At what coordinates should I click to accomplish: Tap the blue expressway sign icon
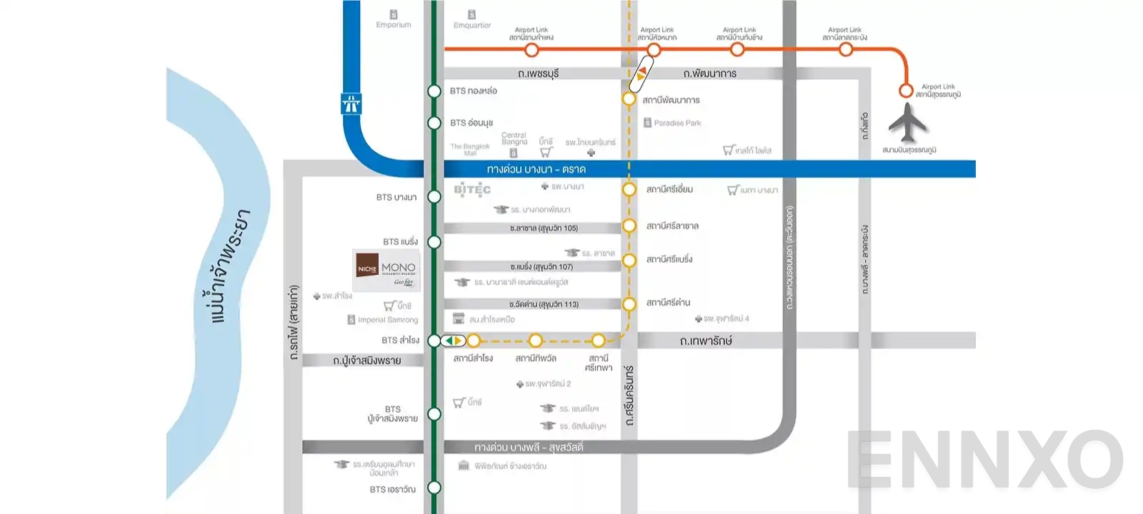pos(351,104)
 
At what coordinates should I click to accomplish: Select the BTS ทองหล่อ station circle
pos(434,91)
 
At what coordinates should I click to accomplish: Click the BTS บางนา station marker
pos(434,197)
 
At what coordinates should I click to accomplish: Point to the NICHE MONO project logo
pos(386,270)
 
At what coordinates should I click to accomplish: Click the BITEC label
pos(472,190)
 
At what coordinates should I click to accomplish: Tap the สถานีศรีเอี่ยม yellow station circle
pos(629,190)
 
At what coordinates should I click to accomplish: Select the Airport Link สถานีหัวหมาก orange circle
pos(654,50)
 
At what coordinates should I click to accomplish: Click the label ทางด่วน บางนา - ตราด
pos(536,169)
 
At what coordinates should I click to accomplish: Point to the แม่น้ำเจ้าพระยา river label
pos(230,266)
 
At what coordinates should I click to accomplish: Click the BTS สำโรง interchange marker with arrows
pos(453,341)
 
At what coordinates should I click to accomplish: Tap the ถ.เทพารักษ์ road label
pos(705,341)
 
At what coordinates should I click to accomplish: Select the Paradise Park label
pos(677,123)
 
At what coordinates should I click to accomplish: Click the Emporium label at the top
pos(394,25)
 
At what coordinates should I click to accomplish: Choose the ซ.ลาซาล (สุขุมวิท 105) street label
pos(544,228)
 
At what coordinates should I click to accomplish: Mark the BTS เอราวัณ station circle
pos(434,488)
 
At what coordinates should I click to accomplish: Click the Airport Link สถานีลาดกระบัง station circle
pos(846,50)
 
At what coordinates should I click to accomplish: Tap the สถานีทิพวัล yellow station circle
pos(536,341)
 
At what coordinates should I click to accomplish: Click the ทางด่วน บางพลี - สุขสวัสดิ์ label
pos(529,448)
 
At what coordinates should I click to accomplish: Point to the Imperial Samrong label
pos(387,320)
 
